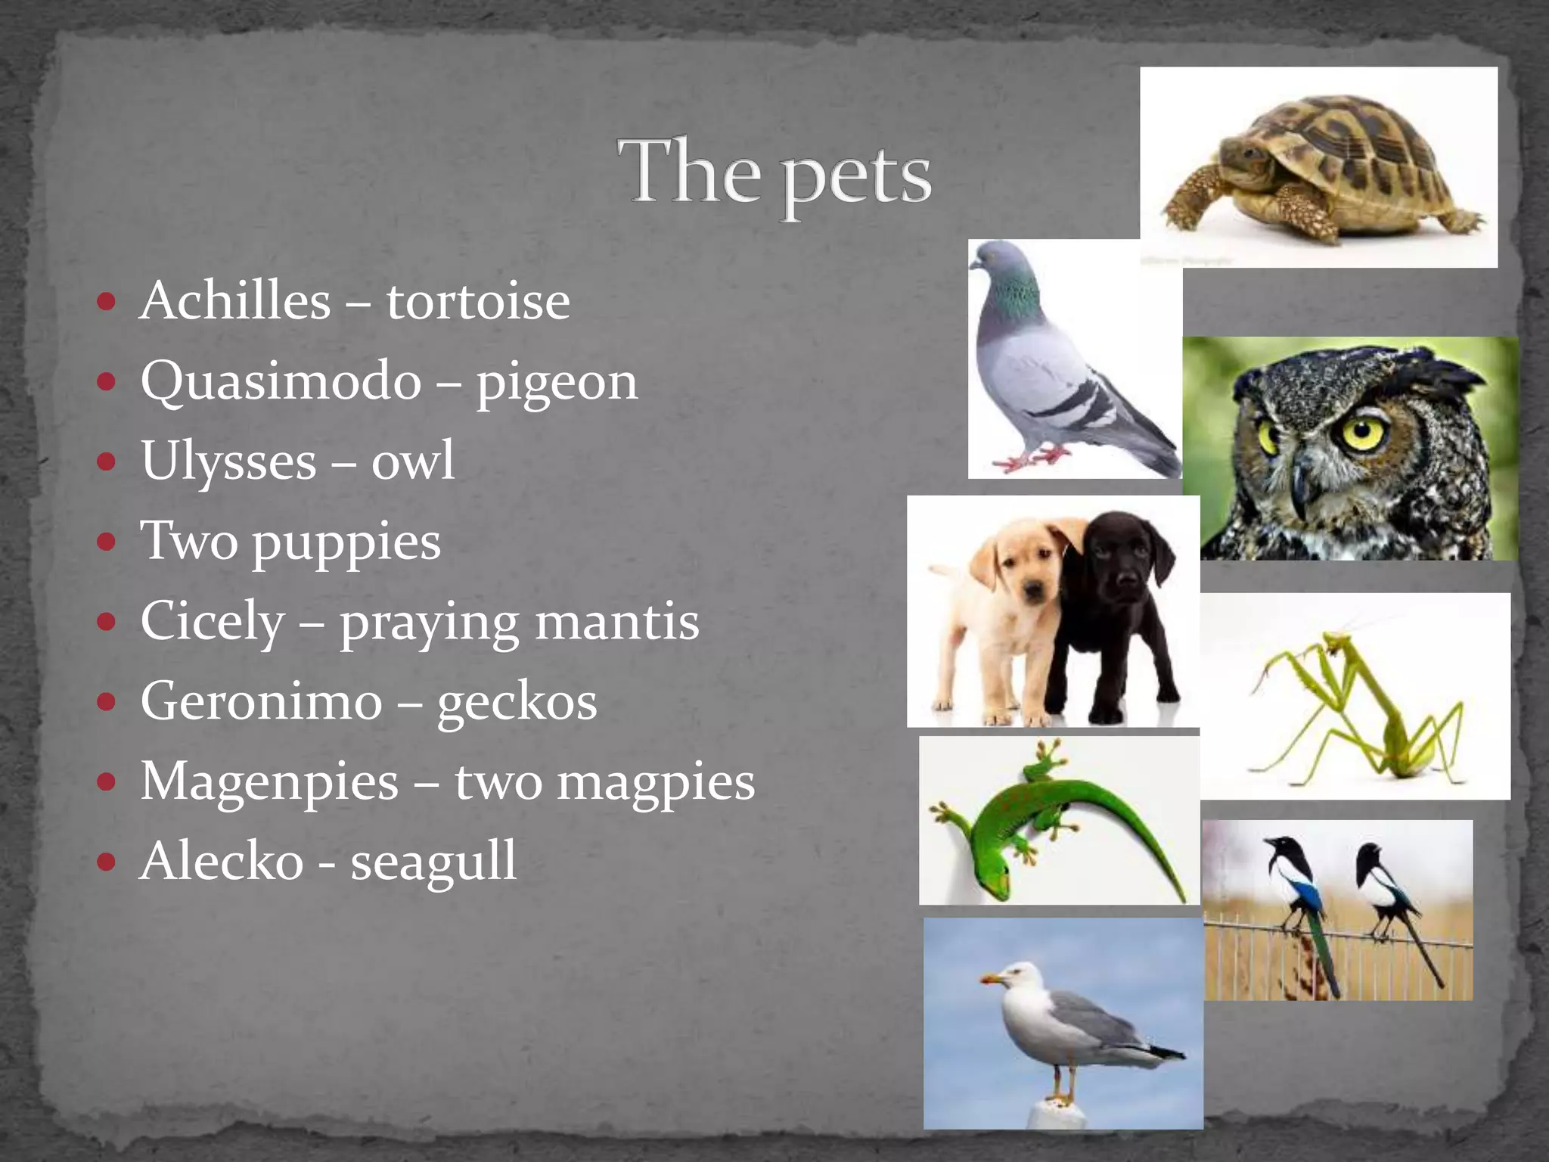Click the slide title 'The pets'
774,172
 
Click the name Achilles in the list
235,301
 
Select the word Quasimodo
281,381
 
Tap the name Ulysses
228,461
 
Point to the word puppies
346,542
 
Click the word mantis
617,622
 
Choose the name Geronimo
261,701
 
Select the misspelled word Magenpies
269,781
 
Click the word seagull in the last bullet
433,862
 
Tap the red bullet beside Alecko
107,861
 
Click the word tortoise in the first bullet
478,301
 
